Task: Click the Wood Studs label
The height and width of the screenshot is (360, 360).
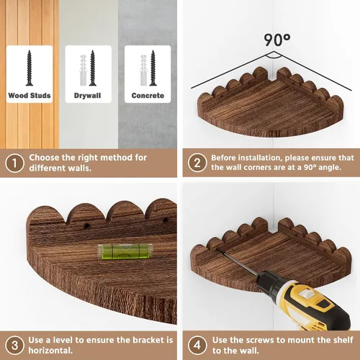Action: pos(30,96)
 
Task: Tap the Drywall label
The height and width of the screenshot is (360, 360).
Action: pos(88,96)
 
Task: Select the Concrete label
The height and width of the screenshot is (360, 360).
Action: pos(148,96)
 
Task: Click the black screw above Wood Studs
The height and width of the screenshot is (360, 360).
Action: pos(30,68)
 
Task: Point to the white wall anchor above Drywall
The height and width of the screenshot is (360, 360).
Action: pos(83,70)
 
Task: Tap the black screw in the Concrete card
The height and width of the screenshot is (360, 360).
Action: pos(153,68)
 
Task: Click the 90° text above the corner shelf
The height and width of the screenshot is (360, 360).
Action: pos(277,40)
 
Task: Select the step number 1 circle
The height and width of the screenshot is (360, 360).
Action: pos(14,163)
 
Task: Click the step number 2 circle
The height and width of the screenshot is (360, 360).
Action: pos(197,163)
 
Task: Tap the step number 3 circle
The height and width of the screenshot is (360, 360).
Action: pos(14,346)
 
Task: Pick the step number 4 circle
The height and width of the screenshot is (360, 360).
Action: pos(197,346)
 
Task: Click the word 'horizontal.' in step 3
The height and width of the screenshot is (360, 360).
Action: pos(50,351)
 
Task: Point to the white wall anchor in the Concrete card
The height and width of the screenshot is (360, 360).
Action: pos(143,70)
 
